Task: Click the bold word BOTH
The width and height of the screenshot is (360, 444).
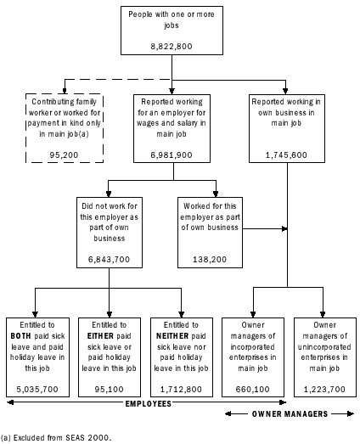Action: click(23, 335)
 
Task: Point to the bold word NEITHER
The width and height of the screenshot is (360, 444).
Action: click(170, 335)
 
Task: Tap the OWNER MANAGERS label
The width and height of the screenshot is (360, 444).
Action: click(289, 413)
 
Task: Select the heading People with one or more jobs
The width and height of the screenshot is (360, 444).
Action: click(173, 20)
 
